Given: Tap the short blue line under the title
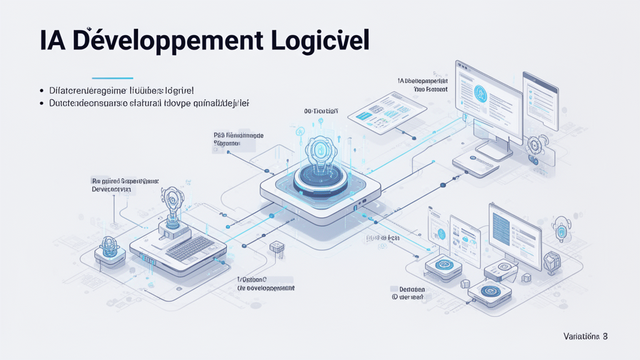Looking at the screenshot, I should point(112,79).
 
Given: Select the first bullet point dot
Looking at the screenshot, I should point(41,91).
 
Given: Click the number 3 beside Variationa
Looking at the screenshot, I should point(604,336).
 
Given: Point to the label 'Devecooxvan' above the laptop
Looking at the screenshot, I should point(112,188).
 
